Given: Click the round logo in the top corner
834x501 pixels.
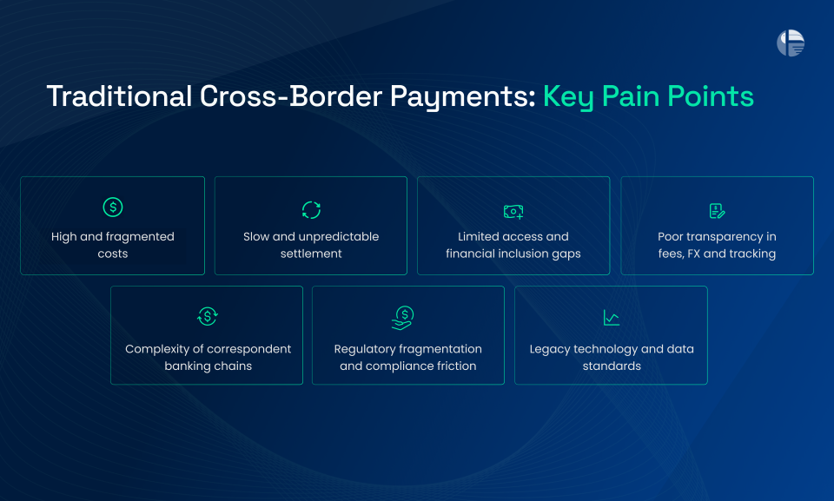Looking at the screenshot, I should (x=791, y=43).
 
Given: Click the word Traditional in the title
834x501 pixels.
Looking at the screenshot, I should (x=118, y=96).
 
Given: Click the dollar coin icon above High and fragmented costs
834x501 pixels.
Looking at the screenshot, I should (x=113, y=208).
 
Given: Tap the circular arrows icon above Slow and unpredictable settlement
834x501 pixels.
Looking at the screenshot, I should (x=311, y=209).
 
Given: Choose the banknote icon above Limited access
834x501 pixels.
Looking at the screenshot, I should (x=513, y=211).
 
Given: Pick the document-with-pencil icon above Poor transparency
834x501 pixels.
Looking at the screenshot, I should (x=717, y=211).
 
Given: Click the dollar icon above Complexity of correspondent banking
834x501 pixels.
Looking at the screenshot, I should (x=207, y=317).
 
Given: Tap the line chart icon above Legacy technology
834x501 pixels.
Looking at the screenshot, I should (x=612, y=318).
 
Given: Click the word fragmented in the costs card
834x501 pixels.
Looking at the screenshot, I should (x=138, y=236).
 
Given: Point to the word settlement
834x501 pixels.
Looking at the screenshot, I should (x=311, y=254).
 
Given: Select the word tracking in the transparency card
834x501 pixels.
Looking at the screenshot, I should (x=752, y=254).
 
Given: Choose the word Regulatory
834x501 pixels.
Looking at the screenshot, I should (x=365, y=349).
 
